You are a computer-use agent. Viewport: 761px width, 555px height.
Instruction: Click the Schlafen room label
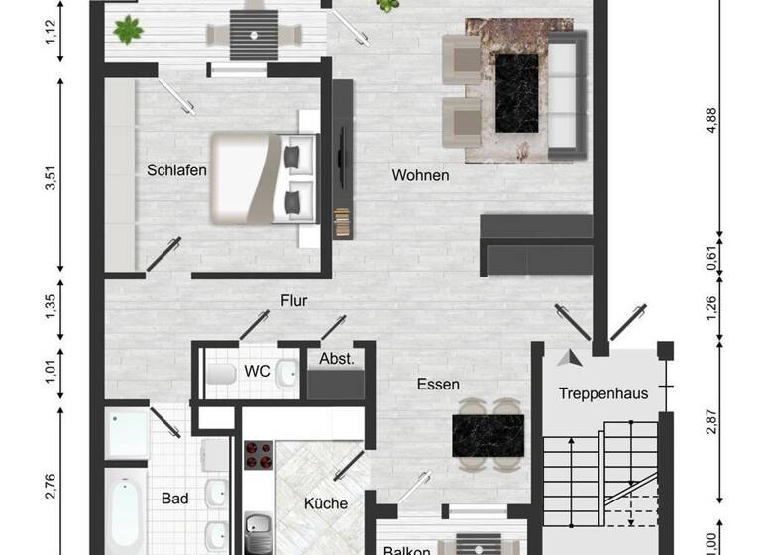[x=177, y=169]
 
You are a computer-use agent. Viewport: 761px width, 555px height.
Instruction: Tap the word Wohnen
[x=420, y=175]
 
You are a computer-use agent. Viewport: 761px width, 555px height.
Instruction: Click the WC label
[x=257, y=371]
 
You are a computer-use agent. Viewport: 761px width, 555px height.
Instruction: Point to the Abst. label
[x=336, y=358]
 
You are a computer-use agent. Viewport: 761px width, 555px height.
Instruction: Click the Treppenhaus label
[x=602, y=393]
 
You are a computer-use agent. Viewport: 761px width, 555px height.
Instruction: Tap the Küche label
[x=327, y=503]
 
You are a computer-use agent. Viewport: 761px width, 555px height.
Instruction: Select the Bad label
[x=174, y=499]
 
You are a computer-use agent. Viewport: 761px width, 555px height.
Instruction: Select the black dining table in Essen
[x=488, y=433]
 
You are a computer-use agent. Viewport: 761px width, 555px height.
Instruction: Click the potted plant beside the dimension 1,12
[x=128, y=31]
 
